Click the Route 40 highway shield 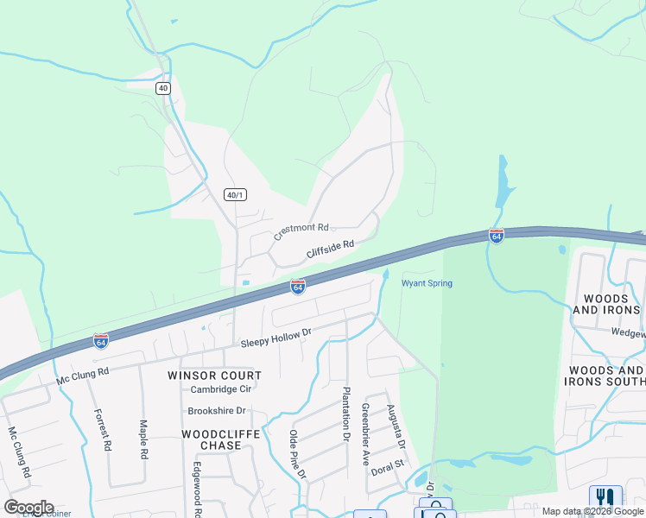pos(163,88)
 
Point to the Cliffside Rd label pos(331,250)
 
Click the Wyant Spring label pos(427,283)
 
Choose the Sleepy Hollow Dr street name pos(275,338)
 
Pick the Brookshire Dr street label pos(217,411)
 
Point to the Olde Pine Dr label pos(297,453)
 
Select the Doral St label pos(388,464)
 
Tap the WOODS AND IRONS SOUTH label pos(605,376)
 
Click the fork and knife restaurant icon pos(605,498)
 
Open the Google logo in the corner pos(28,507)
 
